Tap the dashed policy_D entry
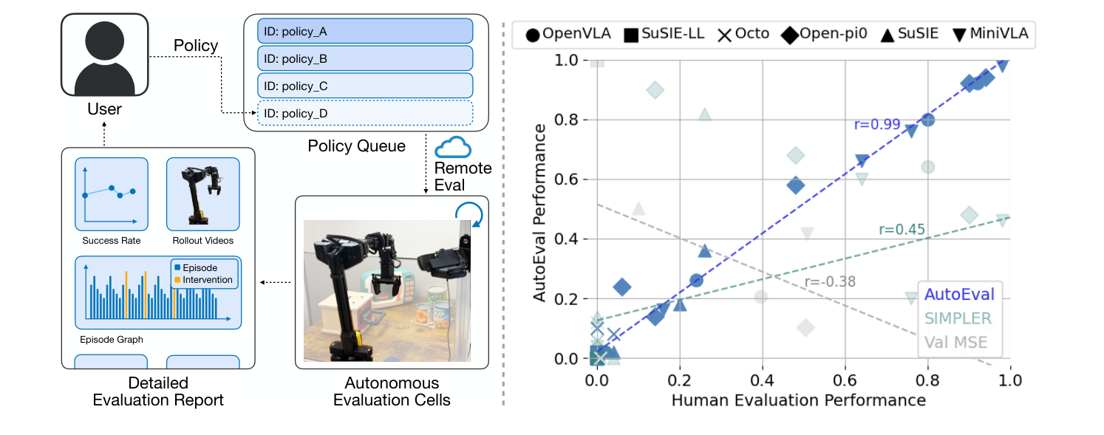point(365,113)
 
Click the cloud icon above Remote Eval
point(453,148)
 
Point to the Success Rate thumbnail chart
point(111,194)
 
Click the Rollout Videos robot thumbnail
point(202,194)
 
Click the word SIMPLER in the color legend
point(958,318)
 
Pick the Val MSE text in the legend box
point(955,342)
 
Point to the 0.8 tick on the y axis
point(568,120)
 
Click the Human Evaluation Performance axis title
point(798,400)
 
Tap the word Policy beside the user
point(196,46)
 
